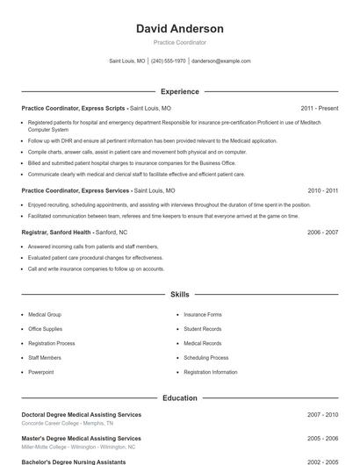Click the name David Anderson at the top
click(180, 29)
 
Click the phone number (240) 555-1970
click(169, 61)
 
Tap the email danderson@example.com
click(221, 61)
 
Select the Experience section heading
click(180, 91)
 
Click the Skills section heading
click(180, 295)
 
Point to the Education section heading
click(180, 398)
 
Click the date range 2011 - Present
click(319, 108)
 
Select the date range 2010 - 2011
click(322, 190)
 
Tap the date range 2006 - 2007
click(322, 232)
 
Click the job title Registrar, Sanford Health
click(56, 232)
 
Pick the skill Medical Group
click(45, 314)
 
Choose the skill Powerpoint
click(41, 372)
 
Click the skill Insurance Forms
click(203, 314)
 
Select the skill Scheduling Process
click(206, 358)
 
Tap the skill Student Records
click(203, 329)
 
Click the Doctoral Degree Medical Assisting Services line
click(81, 414)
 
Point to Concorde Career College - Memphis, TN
click(68, 423)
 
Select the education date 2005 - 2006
click(322, 438)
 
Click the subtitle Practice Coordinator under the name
click(180, 42)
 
